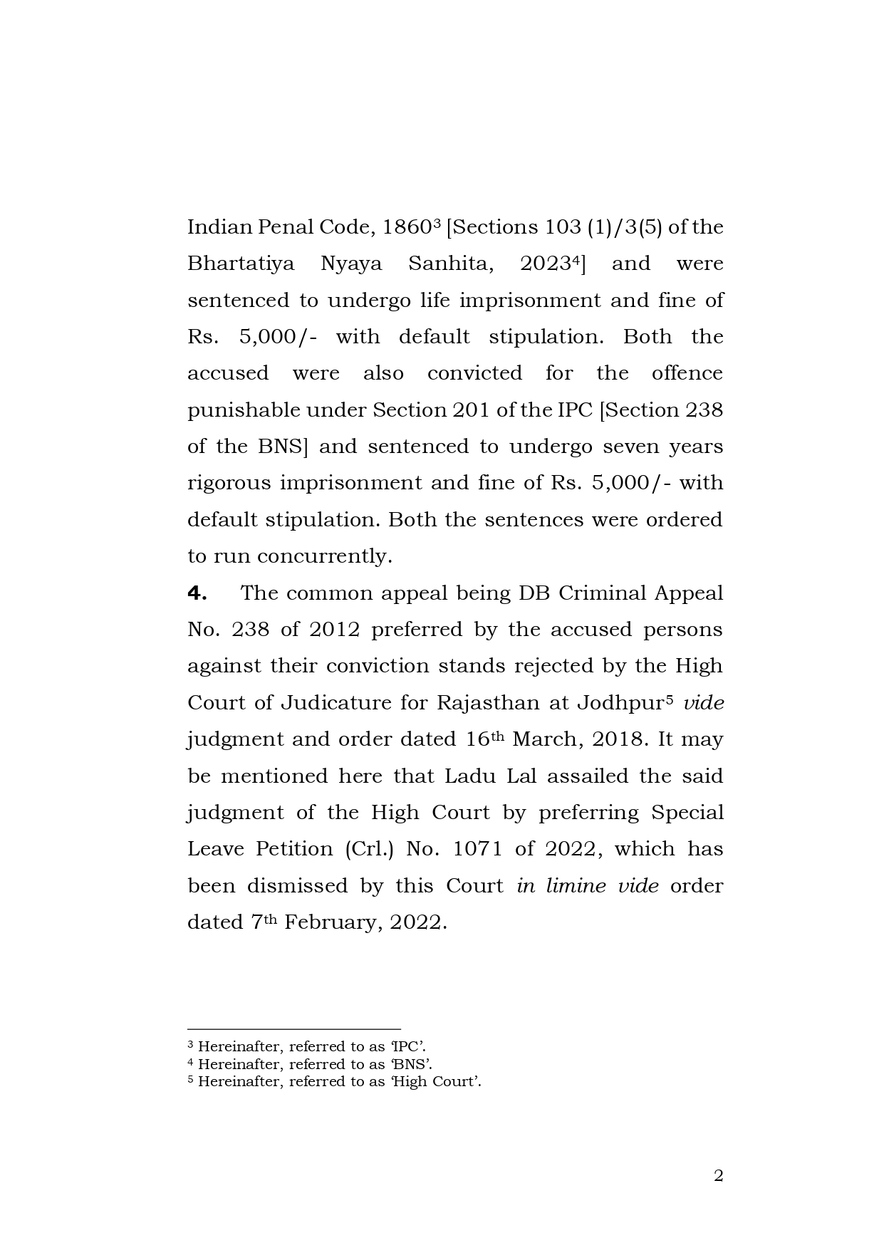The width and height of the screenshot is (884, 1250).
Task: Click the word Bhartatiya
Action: [x=241, y=264]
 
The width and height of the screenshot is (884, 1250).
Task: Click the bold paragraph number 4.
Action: [x=197, y=593]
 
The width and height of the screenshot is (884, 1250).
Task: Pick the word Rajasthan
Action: [x=488, y=703]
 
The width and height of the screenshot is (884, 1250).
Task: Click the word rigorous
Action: [x=229, y=484]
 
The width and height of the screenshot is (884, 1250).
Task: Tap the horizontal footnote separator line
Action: [x=293, y=1029]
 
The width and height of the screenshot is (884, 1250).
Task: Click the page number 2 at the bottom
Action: [x=718, y=1176]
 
